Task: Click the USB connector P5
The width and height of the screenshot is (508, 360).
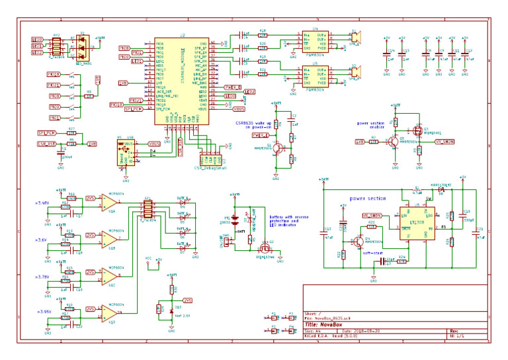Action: click(124, 153)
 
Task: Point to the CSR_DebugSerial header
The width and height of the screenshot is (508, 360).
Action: click(212, 159)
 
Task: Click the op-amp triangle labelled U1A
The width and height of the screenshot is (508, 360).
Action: click(109, 201)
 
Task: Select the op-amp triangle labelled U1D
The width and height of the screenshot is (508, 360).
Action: click(109, 312)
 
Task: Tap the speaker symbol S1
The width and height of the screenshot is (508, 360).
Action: click(356, 36)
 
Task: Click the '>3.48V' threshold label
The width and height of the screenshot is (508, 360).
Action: click(41, 203)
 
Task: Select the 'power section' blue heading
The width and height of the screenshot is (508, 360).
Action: click(367, 199)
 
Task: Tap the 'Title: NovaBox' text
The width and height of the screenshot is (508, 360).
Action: click(328, 325)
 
